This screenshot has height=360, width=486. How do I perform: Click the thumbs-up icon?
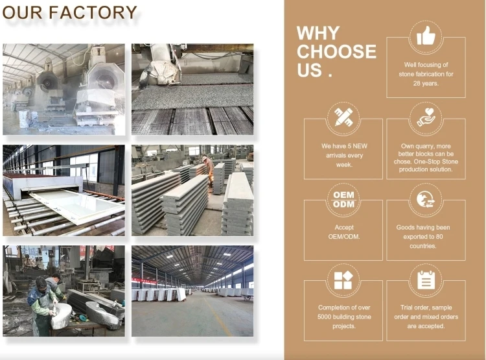[x=426, y=36]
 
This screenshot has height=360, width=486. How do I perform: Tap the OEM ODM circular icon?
[x=344, y=199]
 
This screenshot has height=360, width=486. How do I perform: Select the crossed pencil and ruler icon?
[x=343, y=117]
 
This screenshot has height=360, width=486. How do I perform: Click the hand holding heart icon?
[x=426, y=117]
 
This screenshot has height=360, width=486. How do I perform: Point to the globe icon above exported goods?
[x=426, y=199]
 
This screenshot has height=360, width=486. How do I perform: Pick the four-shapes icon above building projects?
[x=343, y=280]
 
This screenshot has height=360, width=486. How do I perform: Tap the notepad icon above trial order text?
[x=426, y=280]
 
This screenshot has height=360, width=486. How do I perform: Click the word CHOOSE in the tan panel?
[x=336, y=52]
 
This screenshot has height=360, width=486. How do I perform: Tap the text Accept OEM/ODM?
[x=344, y=232]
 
